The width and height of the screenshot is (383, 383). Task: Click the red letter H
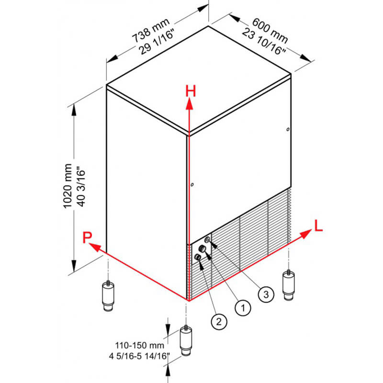191,91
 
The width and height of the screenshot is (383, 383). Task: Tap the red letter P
87,237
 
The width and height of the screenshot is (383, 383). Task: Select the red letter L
318,225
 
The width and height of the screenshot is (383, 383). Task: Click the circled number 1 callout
243,307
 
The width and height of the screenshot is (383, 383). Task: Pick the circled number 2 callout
219,321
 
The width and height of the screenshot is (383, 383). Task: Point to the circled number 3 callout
266,294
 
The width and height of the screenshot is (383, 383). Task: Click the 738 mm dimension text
151,30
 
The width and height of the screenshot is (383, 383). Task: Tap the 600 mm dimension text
270,30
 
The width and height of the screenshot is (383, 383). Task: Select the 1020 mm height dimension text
68,186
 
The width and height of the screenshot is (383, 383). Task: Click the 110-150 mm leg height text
139,345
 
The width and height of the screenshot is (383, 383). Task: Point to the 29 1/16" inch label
157,42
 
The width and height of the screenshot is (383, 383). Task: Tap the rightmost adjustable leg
289,285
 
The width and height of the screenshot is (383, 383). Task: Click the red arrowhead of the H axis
189,103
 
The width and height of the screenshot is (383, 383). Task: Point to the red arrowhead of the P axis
94,247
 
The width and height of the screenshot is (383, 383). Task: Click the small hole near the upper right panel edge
288,129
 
